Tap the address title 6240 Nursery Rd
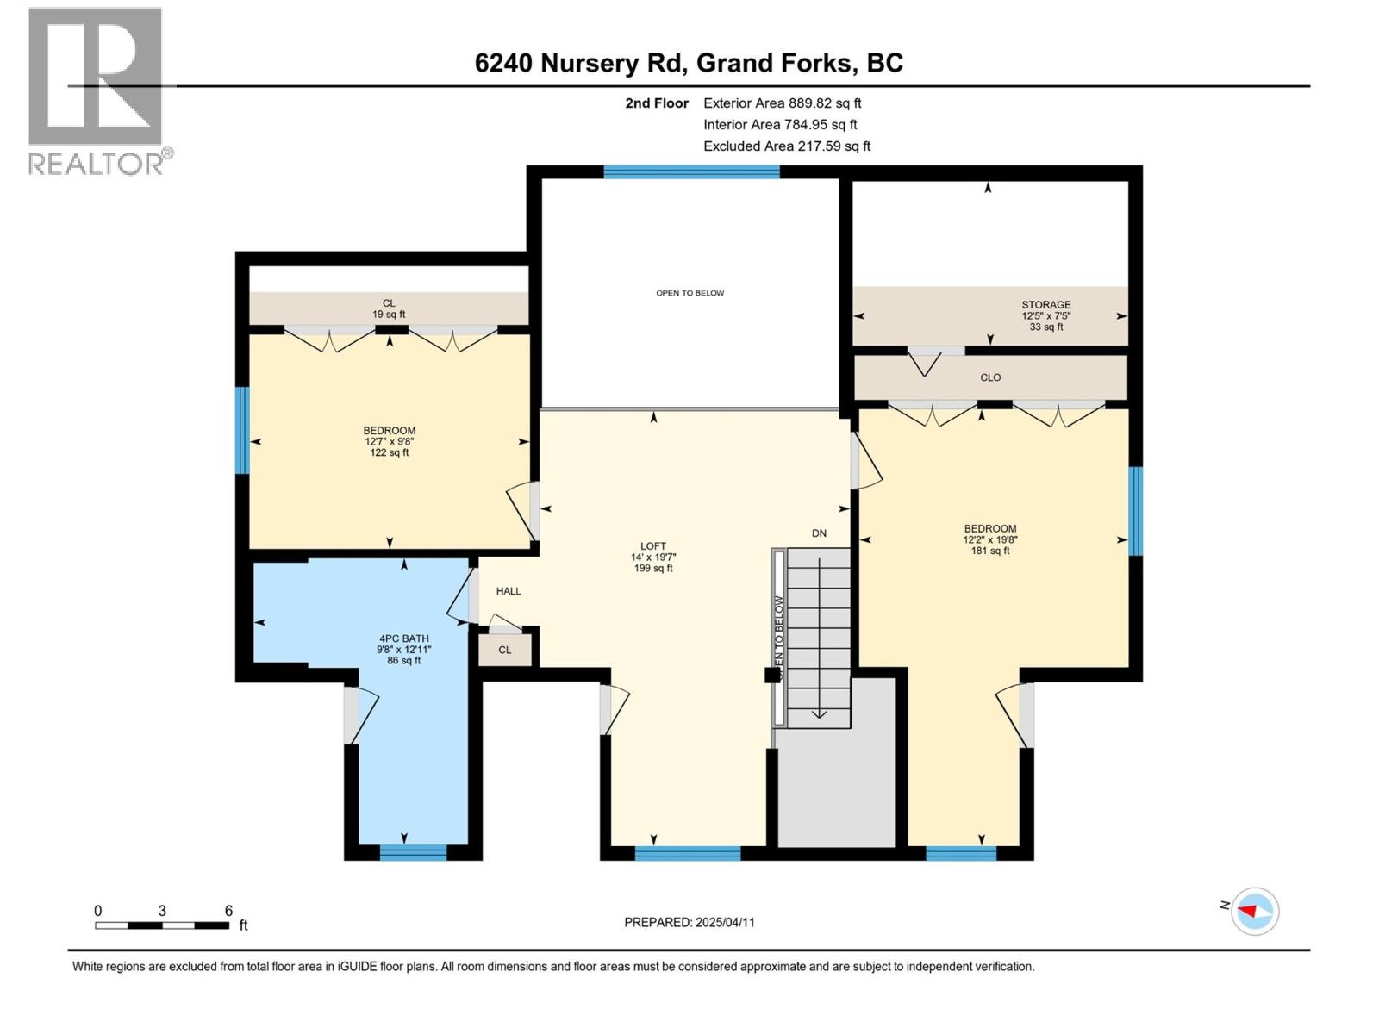[689, 63]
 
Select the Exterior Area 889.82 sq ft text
[782, 103]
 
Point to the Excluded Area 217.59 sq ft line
[786, 146]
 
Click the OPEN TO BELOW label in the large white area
[689, 293]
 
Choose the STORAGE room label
[1046, 315]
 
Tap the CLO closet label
[990, 377]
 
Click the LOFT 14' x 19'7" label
[652, 557]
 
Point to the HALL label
[509, 591]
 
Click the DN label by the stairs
[819, 533]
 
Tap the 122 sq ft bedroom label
[389, 441]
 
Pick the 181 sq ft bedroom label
[989, 539]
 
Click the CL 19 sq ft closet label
[389, 308]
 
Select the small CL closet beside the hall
[505, 650]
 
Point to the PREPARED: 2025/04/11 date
[689, 922]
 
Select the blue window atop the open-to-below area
[691, 172]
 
